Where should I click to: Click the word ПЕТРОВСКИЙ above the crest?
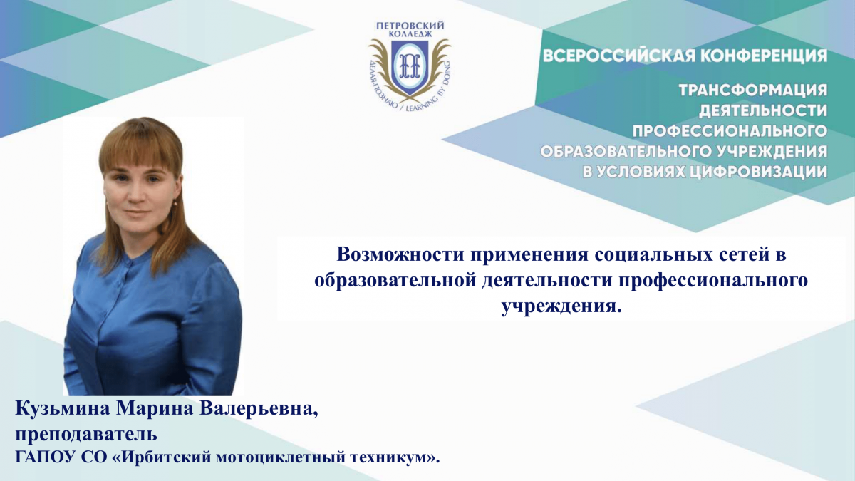point(410,25)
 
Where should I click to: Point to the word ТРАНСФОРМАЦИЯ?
point(753,90)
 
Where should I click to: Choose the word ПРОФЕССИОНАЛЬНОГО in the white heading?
point(730,131)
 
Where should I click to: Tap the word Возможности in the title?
point(400,254)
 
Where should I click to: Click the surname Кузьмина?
point(63,410)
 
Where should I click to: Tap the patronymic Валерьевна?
point(259,410)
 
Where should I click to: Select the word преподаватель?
point(86,435)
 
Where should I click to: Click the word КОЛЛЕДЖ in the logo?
point(410,34)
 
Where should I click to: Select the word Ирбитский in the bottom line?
point(165,457)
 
